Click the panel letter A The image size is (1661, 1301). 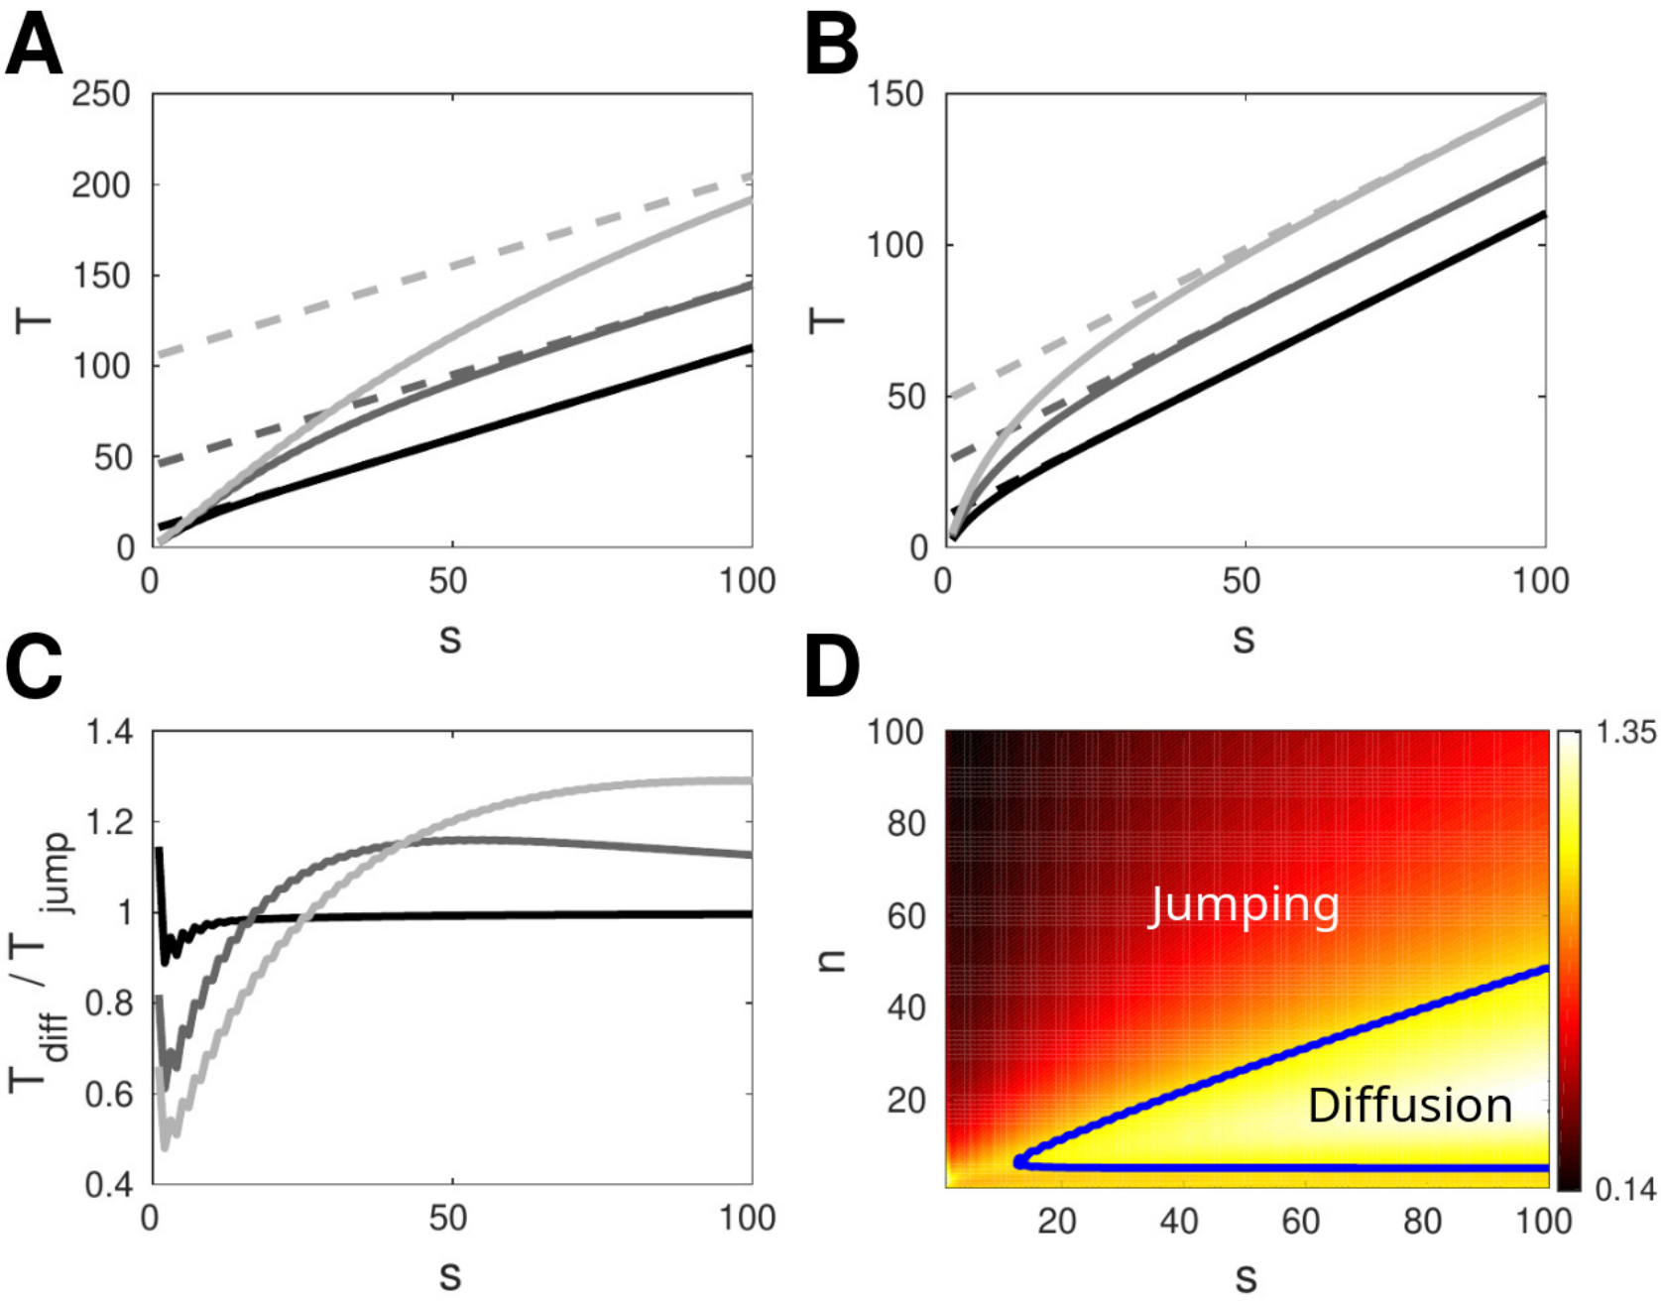pos(34,46)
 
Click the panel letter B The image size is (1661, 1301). pos(831,46)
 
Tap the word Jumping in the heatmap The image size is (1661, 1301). pos(1244,905)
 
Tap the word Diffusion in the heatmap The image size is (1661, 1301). pos(1410,1105)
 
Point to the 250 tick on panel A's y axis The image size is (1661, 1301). pos(101,94)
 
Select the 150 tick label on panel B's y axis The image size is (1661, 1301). pos(895,94)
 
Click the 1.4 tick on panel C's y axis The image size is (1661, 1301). pos(109,733)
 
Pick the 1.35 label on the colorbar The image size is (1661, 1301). pos(1624,733)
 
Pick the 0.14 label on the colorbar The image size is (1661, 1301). pos(1624,1188)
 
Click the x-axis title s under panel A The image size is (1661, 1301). pos(450,640)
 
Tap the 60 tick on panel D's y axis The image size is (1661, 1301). pos(905,915)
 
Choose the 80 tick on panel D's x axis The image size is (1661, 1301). pos(1422,1221)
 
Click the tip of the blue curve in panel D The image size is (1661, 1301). pos(1019,1161)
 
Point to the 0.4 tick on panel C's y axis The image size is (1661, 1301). pos(109,1185)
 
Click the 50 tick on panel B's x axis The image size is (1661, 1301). pos(1242,581)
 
